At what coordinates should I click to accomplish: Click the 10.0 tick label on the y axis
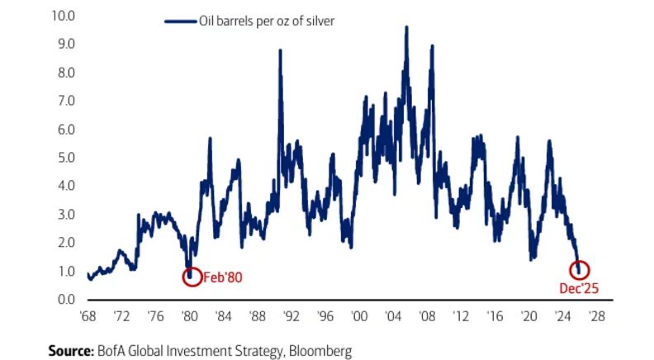coord(63,15)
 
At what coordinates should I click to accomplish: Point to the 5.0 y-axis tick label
coord(65,157)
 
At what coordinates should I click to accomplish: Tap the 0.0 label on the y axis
coord(65,299)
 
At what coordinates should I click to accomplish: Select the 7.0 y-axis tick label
coord(65,100)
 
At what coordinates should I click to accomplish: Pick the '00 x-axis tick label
coord(358,315)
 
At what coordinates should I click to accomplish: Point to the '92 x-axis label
coord(290,315)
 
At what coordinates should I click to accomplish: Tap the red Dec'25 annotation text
coord(579,288)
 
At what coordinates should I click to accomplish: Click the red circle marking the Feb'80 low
coord(192,276)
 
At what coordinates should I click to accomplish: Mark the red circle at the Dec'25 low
coord(580,269)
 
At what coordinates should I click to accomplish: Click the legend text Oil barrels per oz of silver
coord(265,21)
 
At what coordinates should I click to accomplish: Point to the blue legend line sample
coord(179,21)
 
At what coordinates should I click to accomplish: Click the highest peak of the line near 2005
coord(406,27)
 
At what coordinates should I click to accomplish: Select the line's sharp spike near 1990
coord(280,51)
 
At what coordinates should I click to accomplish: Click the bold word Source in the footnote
coord(69,351)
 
